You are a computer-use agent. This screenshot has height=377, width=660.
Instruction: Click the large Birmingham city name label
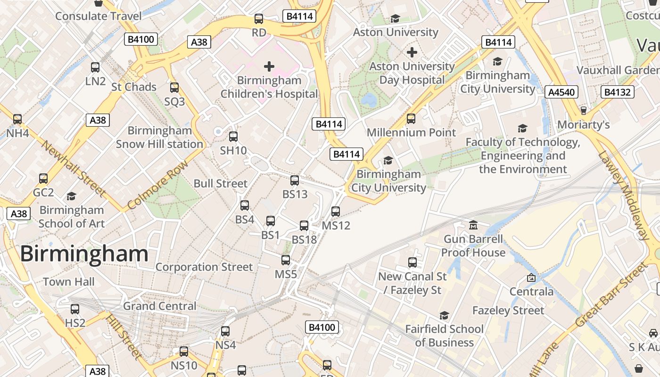click(x=84, y=254)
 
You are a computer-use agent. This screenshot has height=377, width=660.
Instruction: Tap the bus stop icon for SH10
click(x=233, y=137)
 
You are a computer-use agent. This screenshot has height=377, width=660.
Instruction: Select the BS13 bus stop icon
click(x=295, y=180)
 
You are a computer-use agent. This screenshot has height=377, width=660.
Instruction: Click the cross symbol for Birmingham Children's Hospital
click(x=269, y=66)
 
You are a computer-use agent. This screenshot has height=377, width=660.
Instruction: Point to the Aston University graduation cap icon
click(x=395, y=18)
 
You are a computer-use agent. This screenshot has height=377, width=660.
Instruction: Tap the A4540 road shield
click(x=562, y=92)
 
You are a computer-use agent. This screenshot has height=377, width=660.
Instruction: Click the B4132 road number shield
click(x=618, y=92)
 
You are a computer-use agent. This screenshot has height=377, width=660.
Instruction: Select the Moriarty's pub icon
click(x=584, y=110)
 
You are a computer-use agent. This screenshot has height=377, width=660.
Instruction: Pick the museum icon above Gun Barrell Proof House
click(x=473, y=225)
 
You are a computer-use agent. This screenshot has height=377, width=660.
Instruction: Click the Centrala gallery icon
click(x=531, y=278)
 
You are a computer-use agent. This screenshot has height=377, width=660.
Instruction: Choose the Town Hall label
click(x=69, y=282)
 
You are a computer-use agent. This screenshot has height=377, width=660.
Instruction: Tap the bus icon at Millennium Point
click(x=411, y=119)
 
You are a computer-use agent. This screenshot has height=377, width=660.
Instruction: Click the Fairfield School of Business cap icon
click(x=444, y=315)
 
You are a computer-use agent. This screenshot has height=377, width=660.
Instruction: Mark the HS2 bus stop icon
click(x=75, y=309)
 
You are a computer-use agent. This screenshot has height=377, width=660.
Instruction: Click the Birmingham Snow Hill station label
click(x=159, y=137)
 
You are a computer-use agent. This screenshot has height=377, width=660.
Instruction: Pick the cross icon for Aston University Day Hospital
click(x=412, y=52)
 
